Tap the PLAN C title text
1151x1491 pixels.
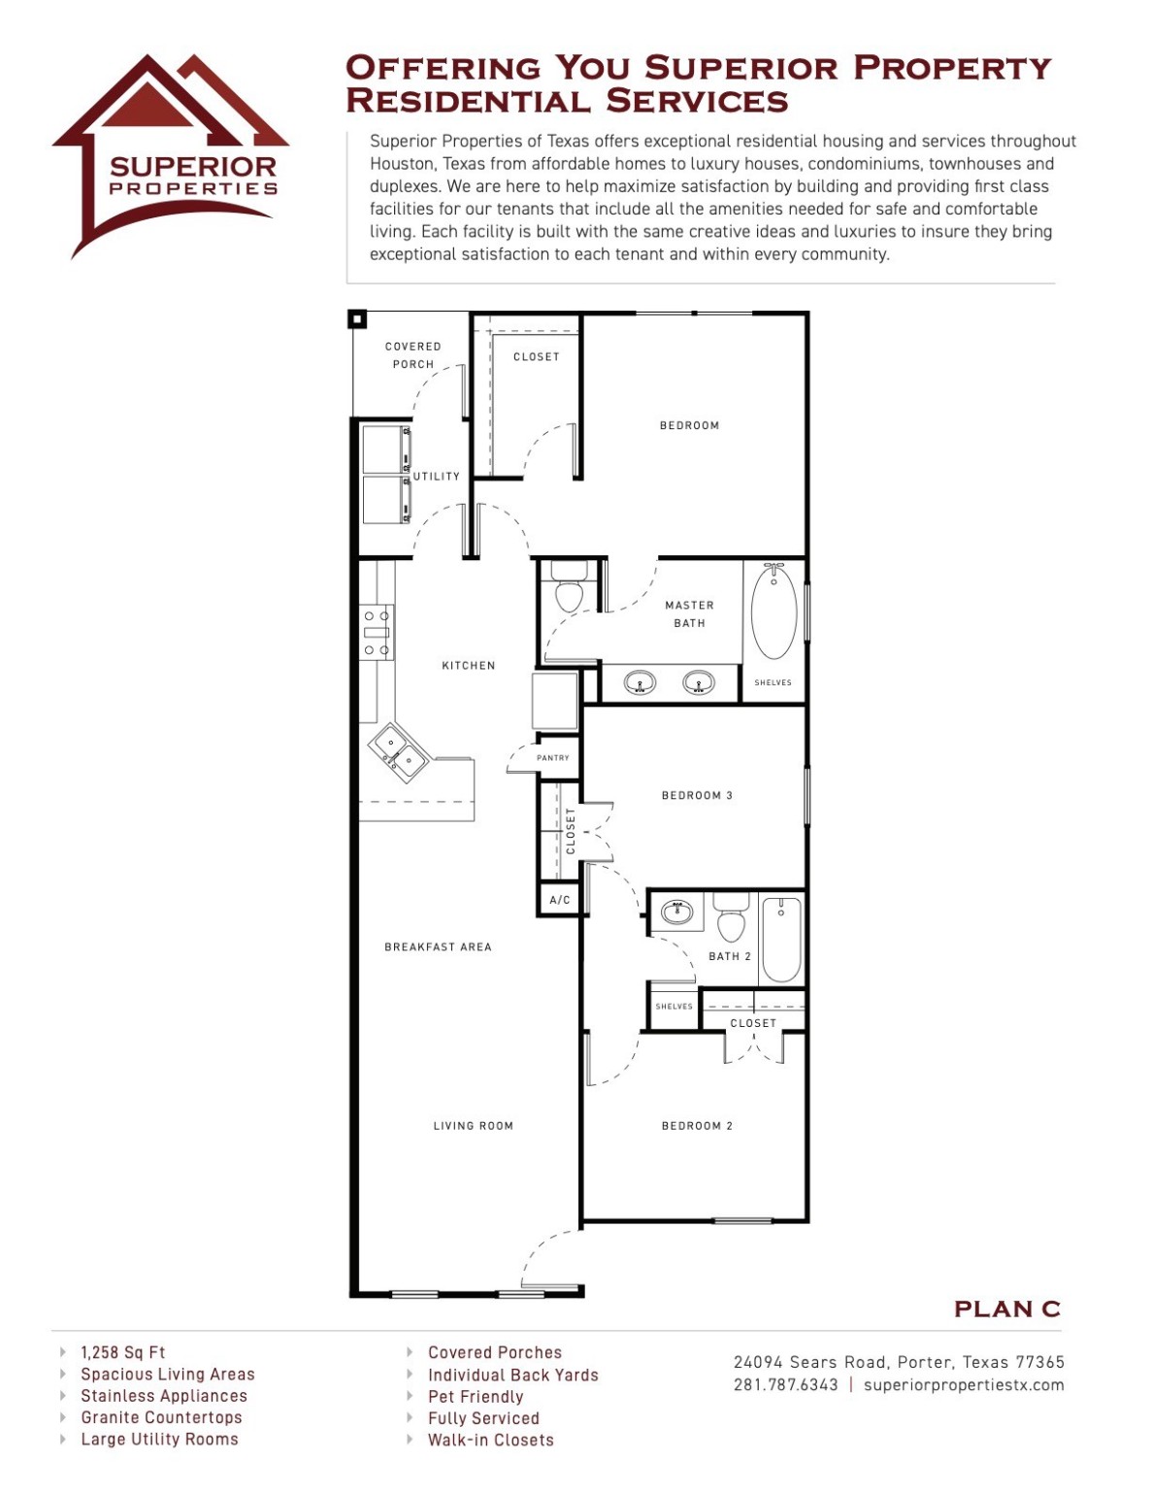pos(1006,1309)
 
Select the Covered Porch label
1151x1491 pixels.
pos(413,355)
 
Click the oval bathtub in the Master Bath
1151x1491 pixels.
pos(773,612)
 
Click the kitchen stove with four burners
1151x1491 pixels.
pos(377,632)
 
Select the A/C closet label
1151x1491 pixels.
pos(560,900)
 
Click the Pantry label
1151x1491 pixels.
pos(553,758)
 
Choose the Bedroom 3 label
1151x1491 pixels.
pos(697,796)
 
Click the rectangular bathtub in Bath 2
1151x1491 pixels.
pos(781,940)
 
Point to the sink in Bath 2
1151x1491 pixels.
pos(676,911)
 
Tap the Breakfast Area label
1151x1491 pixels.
pos(438,947)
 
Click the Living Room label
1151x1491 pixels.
pos(473,1126)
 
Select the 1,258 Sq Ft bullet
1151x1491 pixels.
pos(123,1352)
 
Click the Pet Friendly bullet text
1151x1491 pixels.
pos(476,1397)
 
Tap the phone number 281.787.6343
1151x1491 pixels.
pos(785,1385)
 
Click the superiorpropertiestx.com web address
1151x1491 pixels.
pos(964,1385)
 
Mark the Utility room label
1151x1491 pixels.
pos(437,477)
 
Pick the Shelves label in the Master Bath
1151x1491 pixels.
pos(773,682)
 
